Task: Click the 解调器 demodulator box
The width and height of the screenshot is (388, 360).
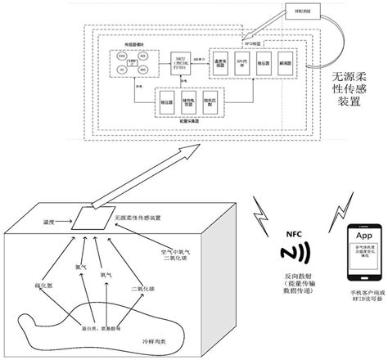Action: (285, 65)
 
